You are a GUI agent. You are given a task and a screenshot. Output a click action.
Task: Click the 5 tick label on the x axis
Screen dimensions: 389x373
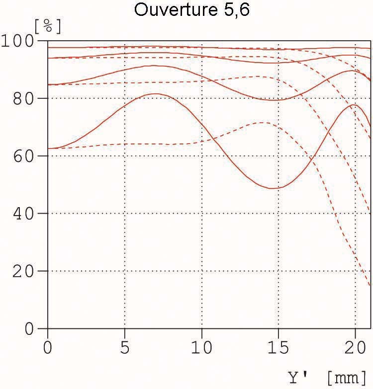pos(124,347)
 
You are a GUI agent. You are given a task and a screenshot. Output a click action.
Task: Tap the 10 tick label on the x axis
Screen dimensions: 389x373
pos(201,347)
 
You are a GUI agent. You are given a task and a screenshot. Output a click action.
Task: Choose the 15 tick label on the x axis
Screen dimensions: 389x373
pos(278,347)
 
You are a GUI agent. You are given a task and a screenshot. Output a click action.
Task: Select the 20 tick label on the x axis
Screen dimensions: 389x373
pos(355,347)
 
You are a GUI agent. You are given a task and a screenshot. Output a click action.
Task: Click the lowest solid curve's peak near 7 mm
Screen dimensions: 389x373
pos(156,93)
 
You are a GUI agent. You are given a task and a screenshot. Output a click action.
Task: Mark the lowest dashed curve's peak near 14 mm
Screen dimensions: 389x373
pos(262,122)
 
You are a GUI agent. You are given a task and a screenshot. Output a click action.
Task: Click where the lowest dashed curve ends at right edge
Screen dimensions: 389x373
pos(370,285)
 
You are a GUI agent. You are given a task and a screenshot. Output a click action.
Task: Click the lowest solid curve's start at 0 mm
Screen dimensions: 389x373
pos(48,149)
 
